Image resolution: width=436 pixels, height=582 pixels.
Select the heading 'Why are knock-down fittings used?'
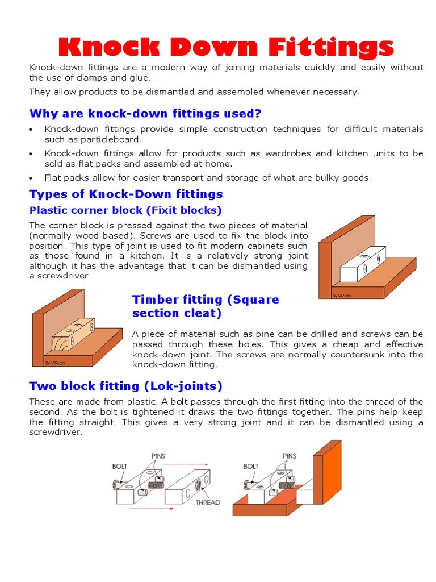coord(145,113)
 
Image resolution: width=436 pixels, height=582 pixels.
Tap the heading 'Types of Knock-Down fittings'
coord(126,194)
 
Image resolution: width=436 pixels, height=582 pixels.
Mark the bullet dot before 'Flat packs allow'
coord(32,178)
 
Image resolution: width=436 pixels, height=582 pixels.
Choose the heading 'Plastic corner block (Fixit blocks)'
coord(125,210)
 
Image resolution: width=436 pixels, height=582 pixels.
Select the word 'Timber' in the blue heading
coord(154,300)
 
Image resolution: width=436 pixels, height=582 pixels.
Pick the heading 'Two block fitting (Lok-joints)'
coord(125,386)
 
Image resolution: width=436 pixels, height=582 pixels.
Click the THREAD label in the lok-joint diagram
coord(208,502)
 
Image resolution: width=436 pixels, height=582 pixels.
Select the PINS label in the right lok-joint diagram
coord(290,455)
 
